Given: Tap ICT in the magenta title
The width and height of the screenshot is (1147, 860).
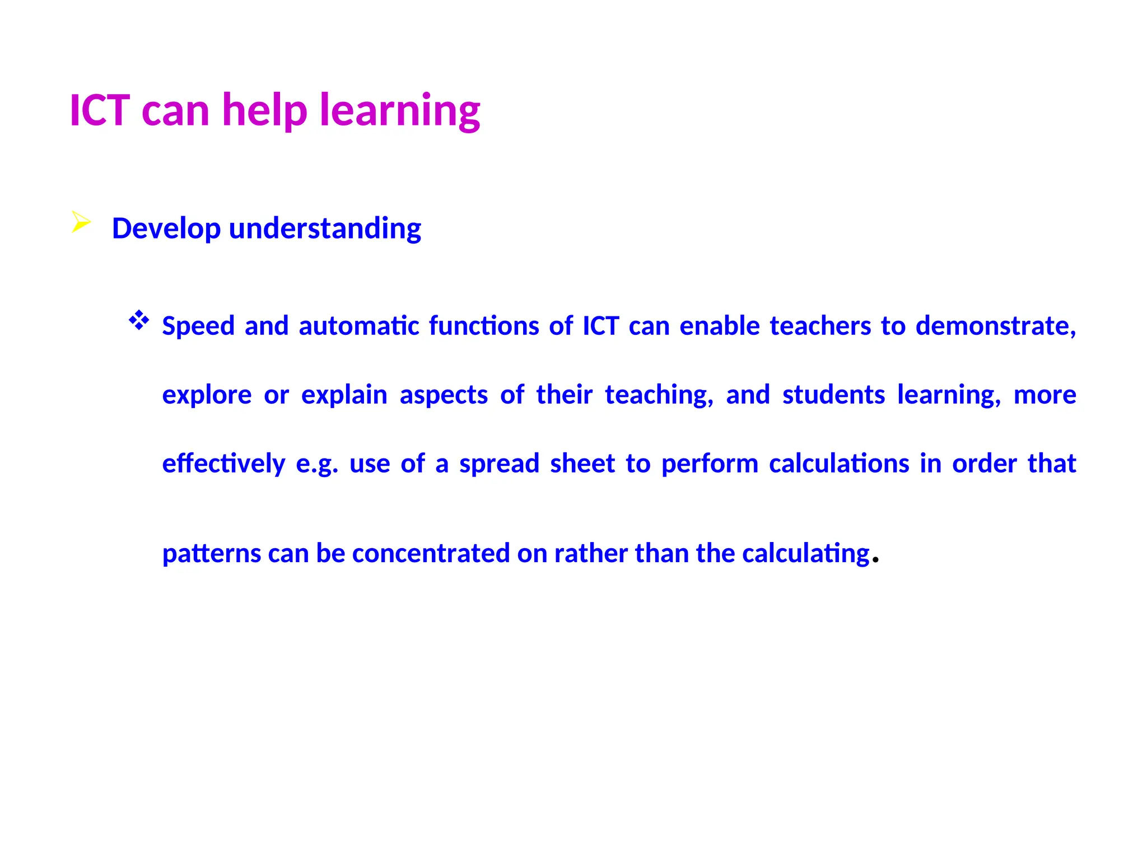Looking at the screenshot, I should (100, 110).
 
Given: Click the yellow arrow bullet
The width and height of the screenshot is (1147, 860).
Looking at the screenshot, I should (81, 222).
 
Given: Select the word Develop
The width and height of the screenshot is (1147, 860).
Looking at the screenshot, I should (166, 229).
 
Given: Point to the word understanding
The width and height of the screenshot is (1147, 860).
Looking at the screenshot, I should (325, 229).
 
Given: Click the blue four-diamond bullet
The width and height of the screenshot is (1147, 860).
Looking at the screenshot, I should (139, 321).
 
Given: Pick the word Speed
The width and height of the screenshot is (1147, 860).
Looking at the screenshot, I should (198, 326).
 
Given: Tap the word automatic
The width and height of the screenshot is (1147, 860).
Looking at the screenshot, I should (359, 326).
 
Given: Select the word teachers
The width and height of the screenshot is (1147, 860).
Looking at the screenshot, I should (820, 326).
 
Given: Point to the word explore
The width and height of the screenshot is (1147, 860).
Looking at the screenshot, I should (207, 395).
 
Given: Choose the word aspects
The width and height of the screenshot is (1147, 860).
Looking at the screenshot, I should (444, 395).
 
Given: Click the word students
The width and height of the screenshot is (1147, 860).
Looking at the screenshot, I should (833, 395).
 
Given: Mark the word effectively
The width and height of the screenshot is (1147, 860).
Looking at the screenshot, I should (223, 464).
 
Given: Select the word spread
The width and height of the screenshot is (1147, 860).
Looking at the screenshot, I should (499, 464).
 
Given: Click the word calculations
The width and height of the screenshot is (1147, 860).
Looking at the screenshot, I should (839, 464).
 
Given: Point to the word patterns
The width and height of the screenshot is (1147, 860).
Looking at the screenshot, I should (212, 554).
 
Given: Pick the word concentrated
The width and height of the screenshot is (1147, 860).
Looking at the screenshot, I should (431, 554).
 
